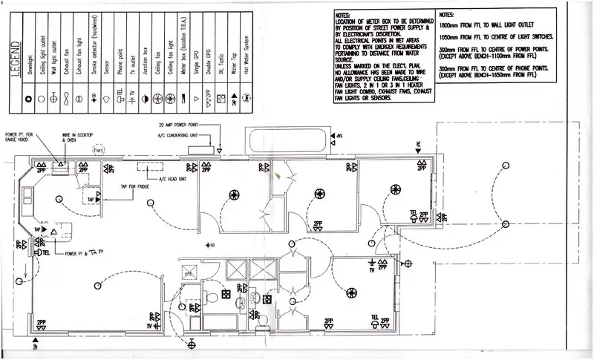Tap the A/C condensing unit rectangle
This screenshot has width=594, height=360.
(x=201, y=151)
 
